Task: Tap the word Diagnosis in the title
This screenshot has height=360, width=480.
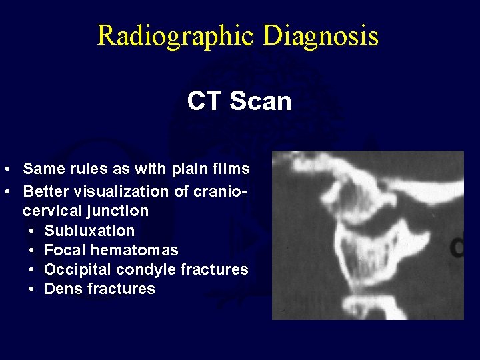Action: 321,35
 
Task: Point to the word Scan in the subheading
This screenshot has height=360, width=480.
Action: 261,101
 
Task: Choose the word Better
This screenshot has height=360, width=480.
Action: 48,191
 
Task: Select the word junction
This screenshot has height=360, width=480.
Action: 119,211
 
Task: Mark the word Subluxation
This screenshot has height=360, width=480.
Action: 89,231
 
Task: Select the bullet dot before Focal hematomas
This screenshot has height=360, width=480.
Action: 33,251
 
